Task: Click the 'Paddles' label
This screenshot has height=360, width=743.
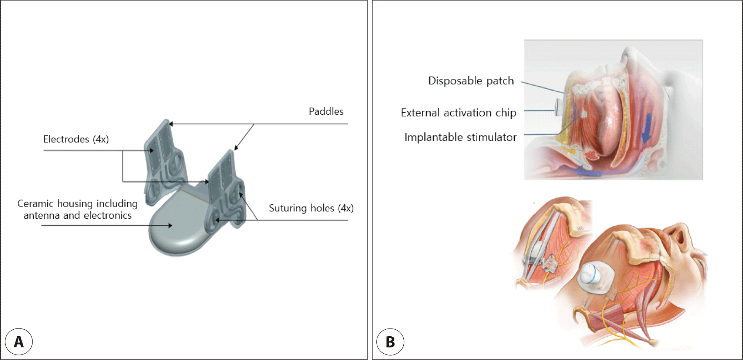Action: click(326, 111)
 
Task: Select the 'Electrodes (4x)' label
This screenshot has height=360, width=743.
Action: click(76, 139)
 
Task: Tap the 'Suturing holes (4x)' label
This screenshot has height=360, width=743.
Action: click(311, 208)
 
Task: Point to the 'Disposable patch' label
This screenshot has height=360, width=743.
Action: click(471, 81)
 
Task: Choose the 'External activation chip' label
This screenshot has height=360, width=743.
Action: click(458, 113)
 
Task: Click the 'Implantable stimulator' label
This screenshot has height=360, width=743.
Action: click(460, 138)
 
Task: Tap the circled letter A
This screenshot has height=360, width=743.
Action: click(19, 342)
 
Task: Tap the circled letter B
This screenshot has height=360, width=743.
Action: click(390, 342)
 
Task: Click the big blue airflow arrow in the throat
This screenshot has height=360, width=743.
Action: click(646, 129)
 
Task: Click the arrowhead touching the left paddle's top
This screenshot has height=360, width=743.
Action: click(171, 124)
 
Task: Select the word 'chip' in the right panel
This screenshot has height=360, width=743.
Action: click(506, 113)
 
